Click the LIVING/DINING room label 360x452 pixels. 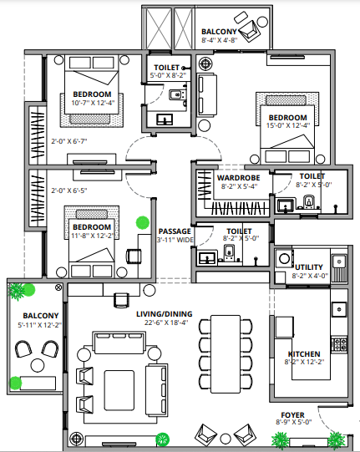(165, 314)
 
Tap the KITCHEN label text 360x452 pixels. (304, 354)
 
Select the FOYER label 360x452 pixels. (292, 415)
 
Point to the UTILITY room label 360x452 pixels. (309, 267)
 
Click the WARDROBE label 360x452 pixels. (238, 178)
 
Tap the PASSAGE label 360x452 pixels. (175, 231)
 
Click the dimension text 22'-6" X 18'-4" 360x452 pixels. (166, 322)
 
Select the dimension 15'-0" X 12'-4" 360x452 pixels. (288, 125)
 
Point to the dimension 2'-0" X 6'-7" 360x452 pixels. (69, 141)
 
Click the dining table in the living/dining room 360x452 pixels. (226, 354)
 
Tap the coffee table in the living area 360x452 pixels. (119, 390)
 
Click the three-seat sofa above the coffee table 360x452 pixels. (119, 343)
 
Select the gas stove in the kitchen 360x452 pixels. (339, 344)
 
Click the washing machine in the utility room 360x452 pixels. (285, 258)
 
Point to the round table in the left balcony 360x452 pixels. (38, 365)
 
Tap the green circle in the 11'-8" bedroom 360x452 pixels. (143, 223)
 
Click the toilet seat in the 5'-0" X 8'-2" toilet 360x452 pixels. (175, 94)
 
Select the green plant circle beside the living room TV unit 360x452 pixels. (163, 439)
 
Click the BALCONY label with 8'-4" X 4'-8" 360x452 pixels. (219, 32)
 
